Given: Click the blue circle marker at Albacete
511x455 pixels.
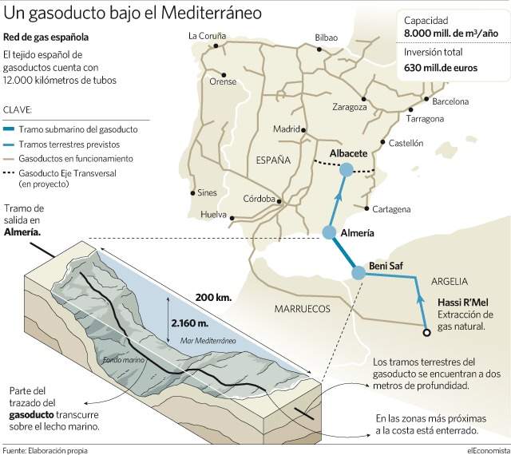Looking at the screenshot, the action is [346, 170].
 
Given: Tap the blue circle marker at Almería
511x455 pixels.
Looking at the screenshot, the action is [329, 233].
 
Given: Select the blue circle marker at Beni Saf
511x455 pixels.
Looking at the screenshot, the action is [358, 272].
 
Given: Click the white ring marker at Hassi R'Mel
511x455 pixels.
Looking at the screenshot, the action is [426, 332].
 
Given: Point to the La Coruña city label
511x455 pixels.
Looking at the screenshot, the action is [207, 36].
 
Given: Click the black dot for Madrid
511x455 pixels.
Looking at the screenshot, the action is [303, 130].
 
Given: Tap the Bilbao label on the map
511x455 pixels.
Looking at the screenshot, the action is [327, 38].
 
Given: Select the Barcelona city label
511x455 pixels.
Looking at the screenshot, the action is [450, 101].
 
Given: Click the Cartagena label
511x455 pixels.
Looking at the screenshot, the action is [391, 209].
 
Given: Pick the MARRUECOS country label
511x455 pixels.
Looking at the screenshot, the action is [302, 309].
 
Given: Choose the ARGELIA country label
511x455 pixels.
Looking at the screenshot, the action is [450, 281].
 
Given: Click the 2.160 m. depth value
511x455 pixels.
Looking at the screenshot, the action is [190, 323].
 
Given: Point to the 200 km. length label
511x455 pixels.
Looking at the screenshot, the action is [213, 297].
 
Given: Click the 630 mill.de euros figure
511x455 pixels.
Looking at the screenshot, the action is [441, 68].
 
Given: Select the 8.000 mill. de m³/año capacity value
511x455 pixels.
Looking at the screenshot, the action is [451, 33].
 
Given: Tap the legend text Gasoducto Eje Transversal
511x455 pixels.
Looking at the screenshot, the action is [67, 173].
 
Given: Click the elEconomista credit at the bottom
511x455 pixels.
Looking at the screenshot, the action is [488, 450].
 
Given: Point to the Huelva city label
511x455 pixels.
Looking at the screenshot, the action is [213, 215].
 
